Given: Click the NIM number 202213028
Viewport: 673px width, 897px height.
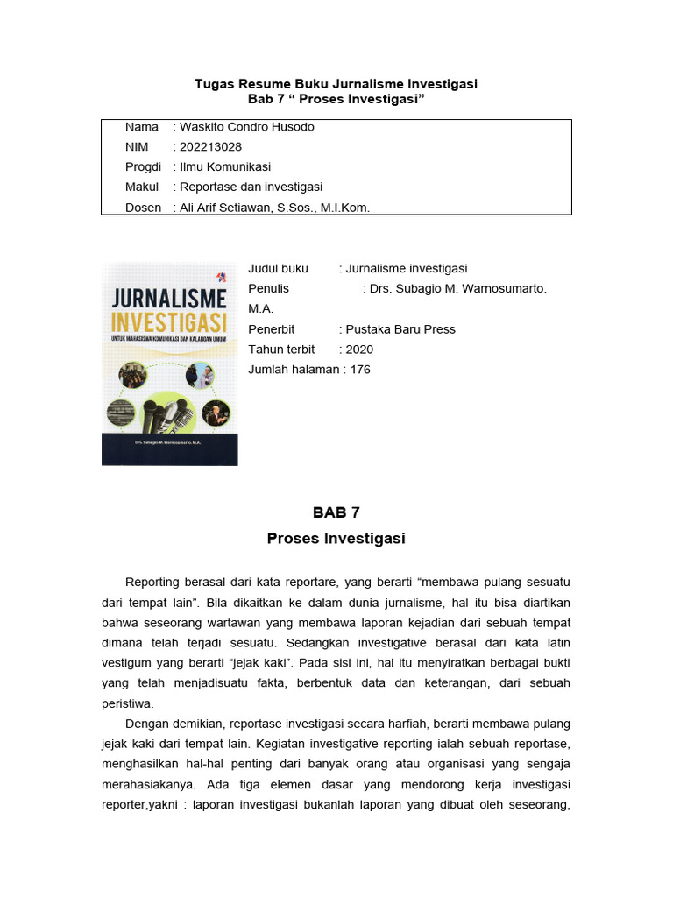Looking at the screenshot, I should click(x=210, y=146).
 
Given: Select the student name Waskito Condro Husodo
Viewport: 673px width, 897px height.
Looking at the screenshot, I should click(x=246, y=126).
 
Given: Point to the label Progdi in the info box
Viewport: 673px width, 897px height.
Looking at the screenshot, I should click(x=143, y=166).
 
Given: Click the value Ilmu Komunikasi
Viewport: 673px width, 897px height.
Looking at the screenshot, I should click(x=225, y=166).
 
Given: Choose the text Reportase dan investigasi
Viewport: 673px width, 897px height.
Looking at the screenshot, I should click(x=251, y=187).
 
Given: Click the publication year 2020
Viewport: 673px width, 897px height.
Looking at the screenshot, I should click(x=359, y=349).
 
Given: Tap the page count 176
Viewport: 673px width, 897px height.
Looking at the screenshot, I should click(x=360, y=369).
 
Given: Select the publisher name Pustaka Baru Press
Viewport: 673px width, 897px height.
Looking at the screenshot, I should click(x=400, y=328).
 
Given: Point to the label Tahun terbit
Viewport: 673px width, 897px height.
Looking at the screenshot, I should click(x=281, y=349).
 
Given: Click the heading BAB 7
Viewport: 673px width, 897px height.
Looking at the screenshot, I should click(x=336, y=512).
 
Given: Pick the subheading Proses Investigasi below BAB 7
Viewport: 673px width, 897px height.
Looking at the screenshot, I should click(x=336, y=539).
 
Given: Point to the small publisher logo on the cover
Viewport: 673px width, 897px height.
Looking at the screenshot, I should click(x=223, y=276).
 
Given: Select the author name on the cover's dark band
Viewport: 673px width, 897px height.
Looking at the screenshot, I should click(x=169, y=444).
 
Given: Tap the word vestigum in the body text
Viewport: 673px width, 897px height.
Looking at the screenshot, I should click(x=129, y=662).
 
